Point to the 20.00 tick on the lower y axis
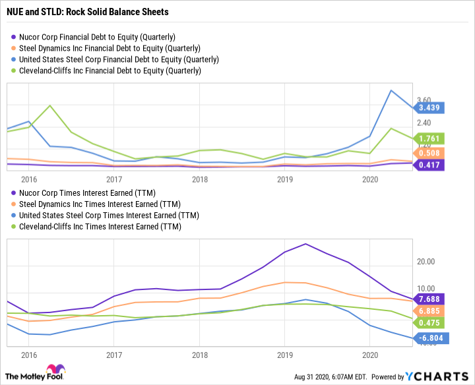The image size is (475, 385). pos(427,261)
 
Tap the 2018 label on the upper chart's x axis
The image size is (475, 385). pos(199,179)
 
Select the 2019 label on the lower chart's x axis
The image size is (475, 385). pos(284,354)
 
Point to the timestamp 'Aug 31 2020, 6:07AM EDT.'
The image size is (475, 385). pos(332,376)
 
